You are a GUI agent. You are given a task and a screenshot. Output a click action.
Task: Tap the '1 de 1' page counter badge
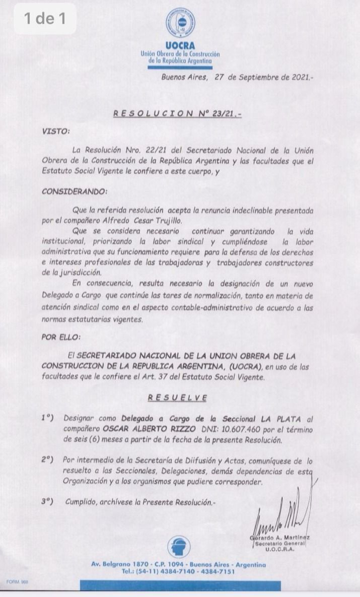click(x=45, y=19)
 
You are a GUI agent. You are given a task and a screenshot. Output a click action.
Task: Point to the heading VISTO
click(x=56, y=131)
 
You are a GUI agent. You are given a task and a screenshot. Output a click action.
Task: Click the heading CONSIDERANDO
click(x=75, y=192)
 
